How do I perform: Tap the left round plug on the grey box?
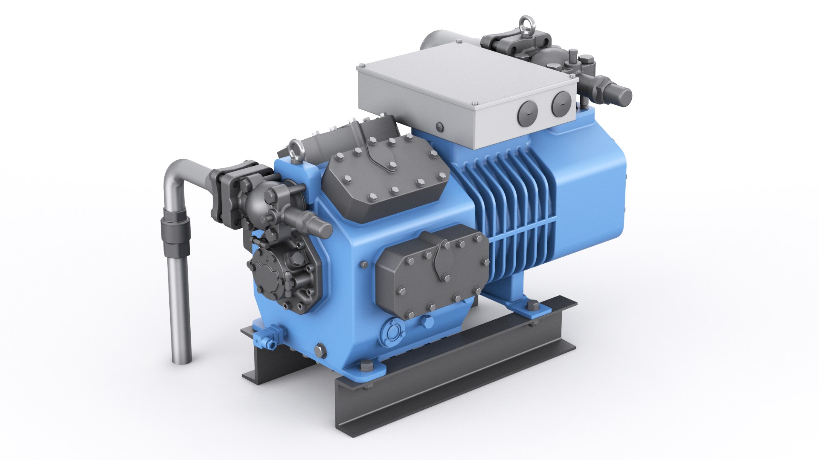click(x=527, y=114)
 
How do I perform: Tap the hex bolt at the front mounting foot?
click(x=366, y=367)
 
